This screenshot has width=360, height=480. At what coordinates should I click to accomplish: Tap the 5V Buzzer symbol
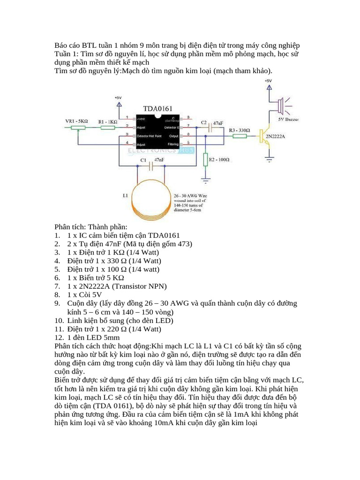pyautogui.click(x=280, y=106)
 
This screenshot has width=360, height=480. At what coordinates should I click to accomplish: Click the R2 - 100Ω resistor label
pyautogui.click(x=219, y=160)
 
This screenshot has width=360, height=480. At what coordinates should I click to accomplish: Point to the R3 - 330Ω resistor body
pyautogui.click(x=240, y=136)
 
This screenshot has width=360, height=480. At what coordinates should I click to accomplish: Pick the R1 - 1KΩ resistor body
pyautogui.click(x=107, y=127)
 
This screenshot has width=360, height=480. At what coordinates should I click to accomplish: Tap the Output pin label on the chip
pyautogui.click(x=173, y=136)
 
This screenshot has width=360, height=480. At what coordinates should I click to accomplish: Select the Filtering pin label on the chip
pyautogui.click(x=173, y=143)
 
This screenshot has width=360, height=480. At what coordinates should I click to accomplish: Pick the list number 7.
pyautogui.click(x=57, y=286)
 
